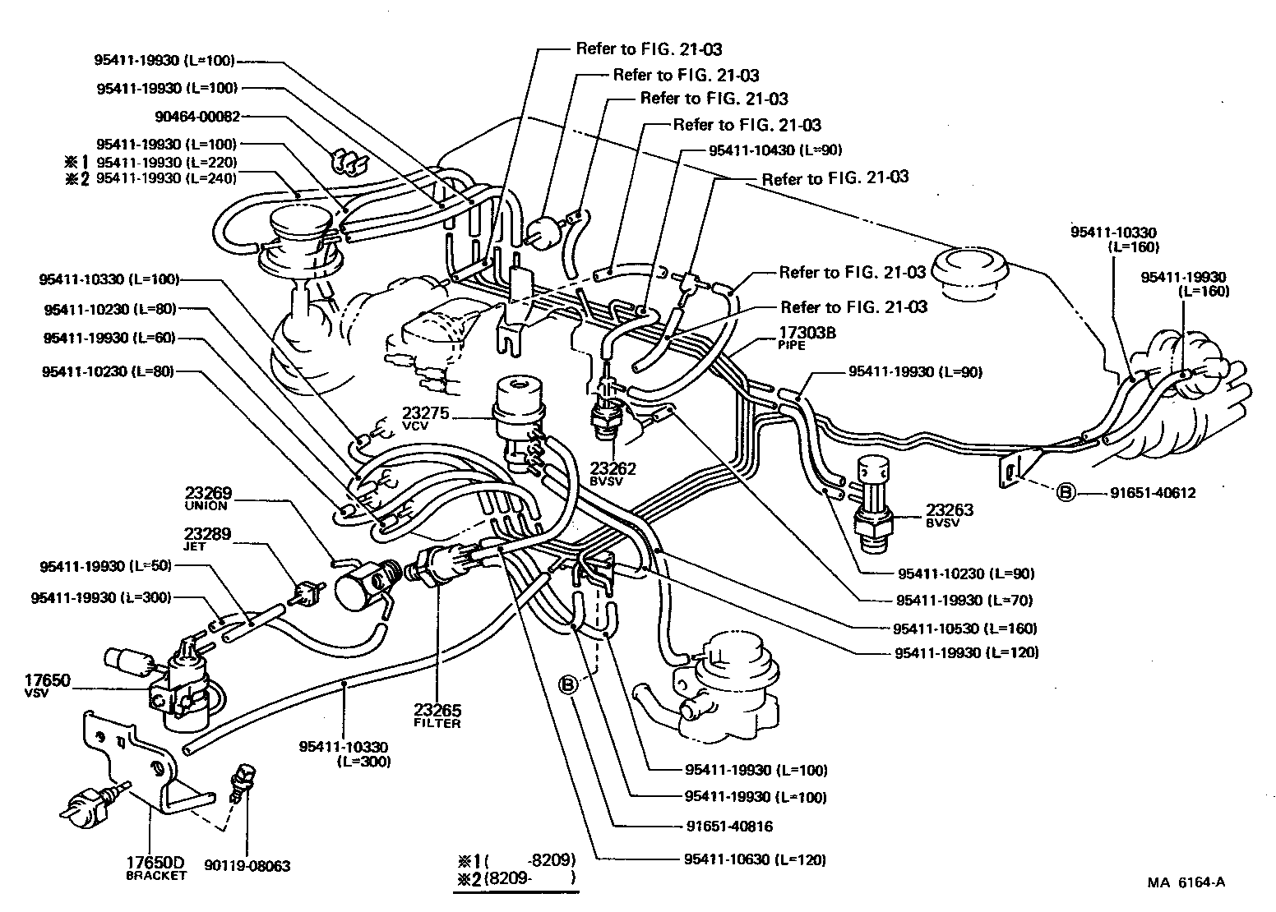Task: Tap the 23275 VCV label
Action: tap(426, 418)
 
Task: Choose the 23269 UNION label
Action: tap(208, 499)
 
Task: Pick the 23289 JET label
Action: tap(208, 538)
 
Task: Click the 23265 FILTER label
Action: tap(437, 716)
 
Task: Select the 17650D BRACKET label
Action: tap(155, 868)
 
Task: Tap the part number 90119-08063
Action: tap(248, 866)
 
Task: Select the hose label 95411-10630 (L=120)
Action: tap(754, 859)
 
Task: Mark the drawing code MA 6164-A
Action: tap(1186, 882)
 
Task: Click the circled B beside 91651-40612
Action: tap(1066, 493)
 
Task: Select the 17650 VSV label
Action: tap(49, 685)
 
